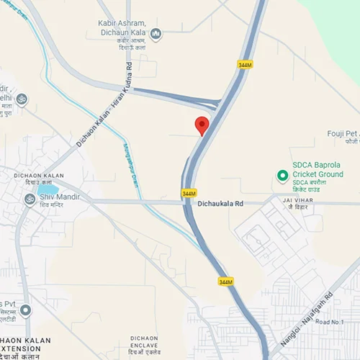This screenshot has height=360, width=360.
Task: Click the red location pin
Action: pos(202,125)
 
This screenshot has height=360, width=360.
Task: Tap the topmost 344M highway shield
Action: pos(244,65)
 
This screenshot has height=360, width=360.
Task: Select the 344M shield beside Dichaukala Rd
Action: pos(189,193)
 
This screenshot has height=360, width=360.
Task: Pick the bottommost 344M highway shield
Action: pos(225,282)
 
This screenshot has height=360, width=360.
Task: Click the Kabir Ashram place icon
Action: pos(156,33)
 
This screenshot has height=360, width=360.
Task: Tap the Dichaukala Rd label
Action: pos(220,204)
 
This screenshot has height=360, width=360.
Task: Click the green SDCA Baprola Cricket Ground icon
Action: pos(283,175)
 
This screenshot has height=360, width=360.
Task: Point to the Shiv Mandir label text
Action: pos(57,197)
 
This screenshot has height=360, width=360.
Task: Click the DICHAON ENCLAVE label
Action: pos(149,341)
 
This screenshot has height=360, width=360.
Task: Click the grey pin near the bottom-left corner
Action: pos(25,310)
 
